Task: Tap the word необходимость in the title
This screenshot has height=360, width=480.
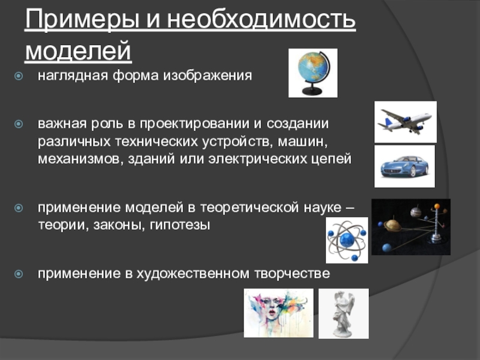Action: [261, 19]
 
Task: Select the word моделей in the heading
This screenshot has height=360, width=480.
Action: [78, 50]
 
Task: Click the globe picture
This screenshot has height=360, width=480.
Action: [313, 73]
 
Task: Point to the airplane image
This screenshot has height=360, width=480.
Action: [406, 122]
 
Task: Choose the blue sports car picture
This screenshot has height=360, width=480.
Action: [404, 166]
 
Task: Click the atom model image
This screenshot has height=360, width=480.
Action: [347, 241]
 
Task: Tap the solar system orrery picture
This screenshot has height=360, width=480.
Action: [411, 227]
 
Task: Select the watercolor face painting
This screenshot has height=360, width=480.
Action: [278, 313]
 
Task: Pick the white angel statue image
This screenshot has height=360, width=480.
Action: [343, 313]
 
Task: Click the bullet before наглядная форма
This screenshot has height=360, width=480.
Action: [19, 76]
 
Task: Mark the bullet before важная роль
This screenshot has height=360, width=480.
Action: [19, 124]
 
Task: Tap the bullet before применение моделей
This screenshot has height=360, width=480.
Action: [19, 208]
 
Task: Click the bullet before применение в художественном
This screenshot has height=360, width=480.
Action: [19, 274]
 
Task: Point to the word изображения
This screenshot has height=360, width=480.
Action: [207, 76]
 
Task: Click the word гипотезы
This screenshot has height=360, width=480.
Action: [179, 226]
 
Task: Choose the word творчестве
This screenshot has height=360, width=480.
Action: [292, 274]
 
